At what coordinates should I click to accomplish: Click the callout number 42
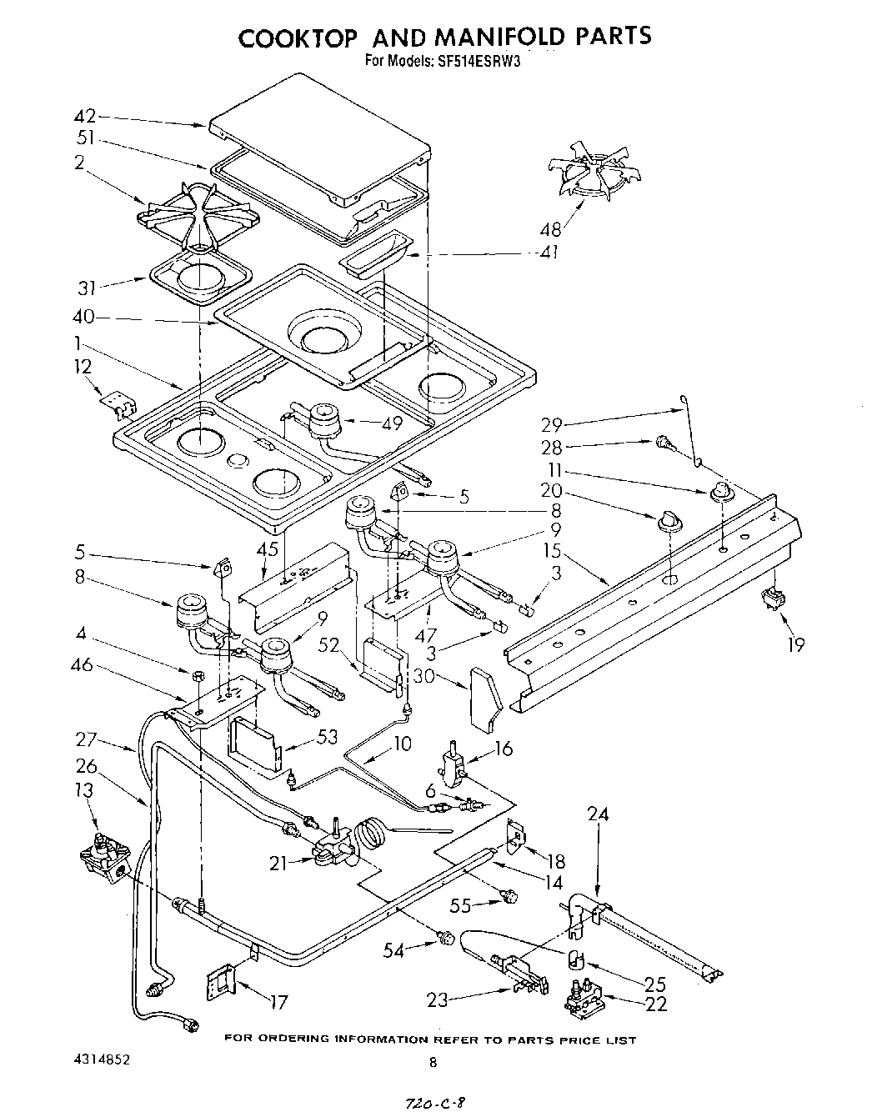pyautogui.click(x=86, y=117)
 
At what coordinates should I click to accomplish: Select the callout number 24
pyautogui.click(x=598, y=814)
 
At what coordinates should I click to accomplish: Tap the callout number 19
pyautogui.click(x=796, y=644)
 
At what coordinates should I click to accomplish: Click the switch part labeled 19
pyautogui.click(x=774, y=599)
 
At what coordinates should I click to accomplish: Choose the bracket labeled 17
pyautogui.click(x=221, y=979)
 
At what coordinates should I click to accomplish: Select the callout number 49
pyautogui.click(x=392, y=423)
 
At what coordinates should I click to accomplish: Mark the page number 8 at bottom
pyautogui.click(x=433, y=1062)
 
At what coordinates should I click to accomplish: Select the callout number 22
pyautogui.click(x=656, y=1004)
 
